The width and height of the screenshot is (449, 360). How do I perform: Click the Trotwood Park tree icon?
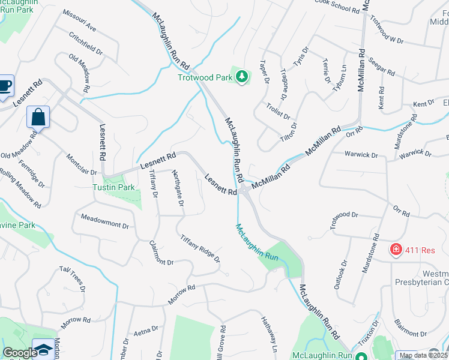pos(241,77)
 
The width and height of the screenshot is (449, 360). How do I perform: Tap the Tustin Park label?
pos(113,187)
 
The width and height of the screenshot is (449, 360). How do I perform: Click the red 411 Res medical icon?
pos(396,250)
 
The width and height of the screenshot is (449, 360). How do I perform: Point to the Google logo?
pos(20,353)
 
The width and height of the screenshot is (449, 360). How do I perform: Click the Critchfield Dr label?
pos(86,46)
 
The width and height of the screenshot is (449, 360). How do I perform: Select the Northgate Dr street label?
pos(178,187)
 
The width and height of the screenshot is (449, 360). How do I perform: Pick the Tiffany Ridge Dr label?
pos(200,248)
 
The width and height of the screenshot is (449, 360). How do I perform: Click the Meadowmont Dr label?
pos(105,222)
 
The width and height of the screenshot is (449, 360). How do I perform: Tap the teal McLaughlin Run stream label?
pos(257,242)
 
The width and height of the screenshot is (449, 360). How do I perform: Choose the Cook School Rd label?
pos(337,6)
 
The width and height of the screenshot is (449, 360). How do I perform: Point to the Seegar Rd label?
pos(381,67)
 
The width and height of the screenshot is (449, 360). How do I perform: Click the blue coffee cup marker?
pos(4,86)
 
